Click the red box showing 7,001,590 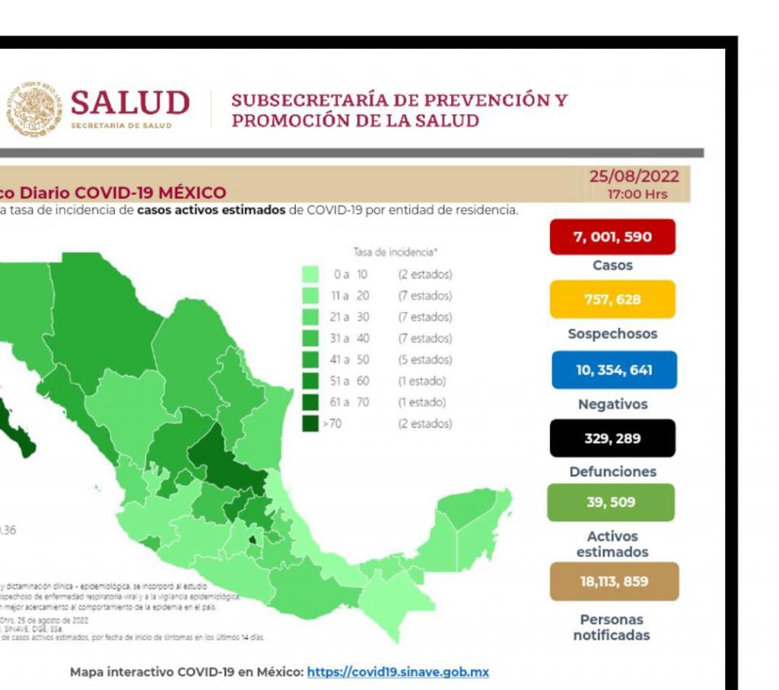coord(612,237)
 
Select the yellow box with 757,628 coord(612,299)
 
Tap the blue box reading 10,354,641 coord(612,370)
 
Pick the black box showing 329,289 coord(612,438)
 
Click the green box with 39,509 coord(610,502)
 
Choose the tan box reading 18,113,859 coord(612,582)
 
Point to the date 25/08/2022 coord(634,177)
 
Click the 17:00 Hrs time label coord(637,194)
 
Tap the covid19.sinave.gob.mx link coord(398,673)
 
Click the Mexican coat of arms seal coord(33,109)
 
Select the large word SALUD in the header coord(130,103)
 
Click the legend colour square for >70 coord(310,423)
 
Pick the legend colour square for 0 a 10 coord(310,274)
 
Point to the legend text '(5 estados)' coord(424,359)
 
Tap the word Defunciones coord(612,472)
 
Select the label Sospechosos coord(612,334)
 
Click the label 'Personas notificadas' coord(611,627)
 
